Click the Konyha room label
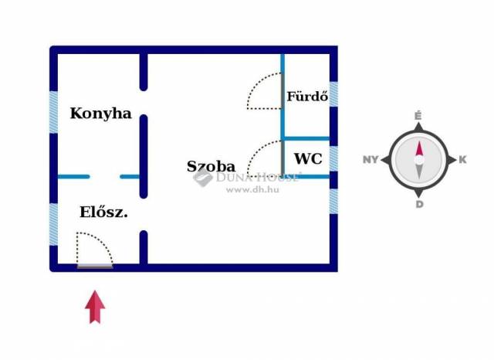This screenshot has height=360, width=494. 100,114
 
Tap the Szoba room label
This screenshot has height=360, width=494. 211,166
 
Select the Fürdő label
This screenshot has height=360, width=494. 308,97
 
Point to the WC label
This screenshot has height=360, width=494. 308,159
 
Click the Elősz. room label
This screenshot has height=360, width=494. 103,212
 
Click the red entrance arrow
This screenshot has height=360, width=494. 95,307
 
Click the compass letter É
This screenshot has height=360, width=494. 418,116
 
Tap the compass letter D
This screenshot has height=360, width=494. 419,205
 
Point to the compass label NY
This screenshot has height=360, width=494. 370,161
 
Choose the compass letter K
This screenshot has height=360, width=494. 462,161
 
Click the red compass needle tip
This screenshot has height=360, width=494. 419,147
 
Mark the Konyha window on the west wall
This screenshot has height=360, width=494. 54,112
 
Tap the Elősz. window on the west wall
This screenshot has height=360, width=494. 54,224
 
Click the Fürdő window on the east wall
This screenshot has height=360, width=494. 333,94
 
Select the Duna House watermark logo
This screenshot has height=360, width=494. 203,178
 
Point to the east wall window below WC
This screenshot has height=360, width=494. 333,200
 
